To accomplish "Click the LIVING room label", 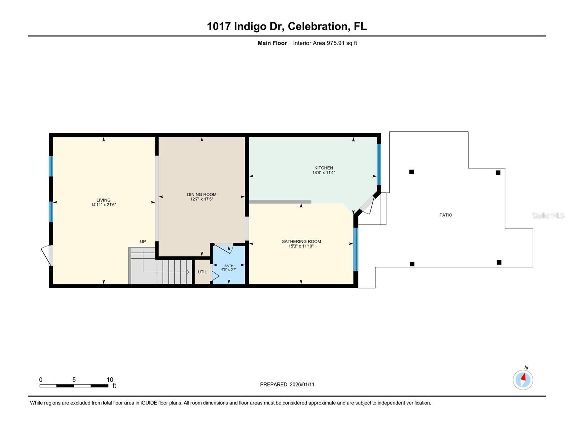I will point(103,200).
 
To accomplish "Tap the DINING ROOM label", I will point(202,194).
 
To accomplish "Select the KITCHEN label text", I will point(323,168).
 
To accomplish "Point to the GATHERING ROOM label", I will point(301,242).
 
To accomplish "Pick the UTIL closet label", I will point(202,272).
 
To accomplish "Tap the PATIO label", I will point(446,215).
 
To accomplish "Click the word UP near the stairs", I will point(143,242).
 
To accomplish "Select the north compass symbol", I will point(523,380).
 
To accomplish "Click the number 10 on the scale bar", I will point(110,380).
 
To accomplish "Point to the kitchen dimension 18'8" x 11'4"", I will point(323,173).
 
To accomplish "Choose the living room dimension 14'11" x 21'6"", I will point(103,205).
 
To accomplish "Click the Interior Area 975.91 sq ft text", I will point(325,43).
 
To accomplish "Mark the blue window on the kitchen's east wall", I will point(379,165).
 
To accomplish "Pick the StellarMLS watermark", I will point(548,215).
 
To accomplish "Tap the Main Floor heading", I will point(272,43).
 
